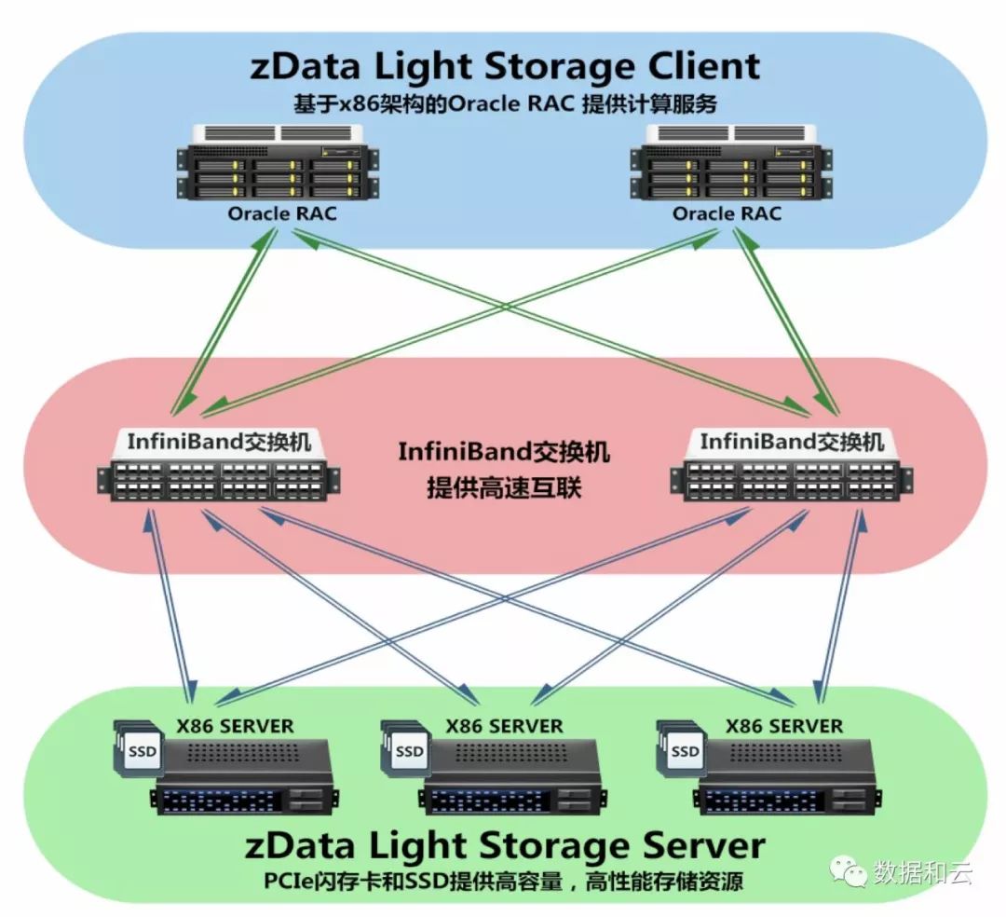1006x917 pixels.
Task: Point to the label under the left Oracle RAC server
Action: [282, 213]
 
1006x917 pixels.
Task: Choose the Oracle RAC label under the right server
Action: [727, 213]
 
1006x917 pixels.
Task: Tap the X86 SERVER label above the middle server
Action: [504, 725]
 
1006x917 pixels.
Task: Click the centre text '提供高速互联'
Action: [504, 487]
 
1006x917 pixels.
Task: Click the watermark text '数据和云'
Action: [922, 873]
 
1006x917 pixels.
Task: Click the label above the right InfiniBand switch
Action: [792, 440]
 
